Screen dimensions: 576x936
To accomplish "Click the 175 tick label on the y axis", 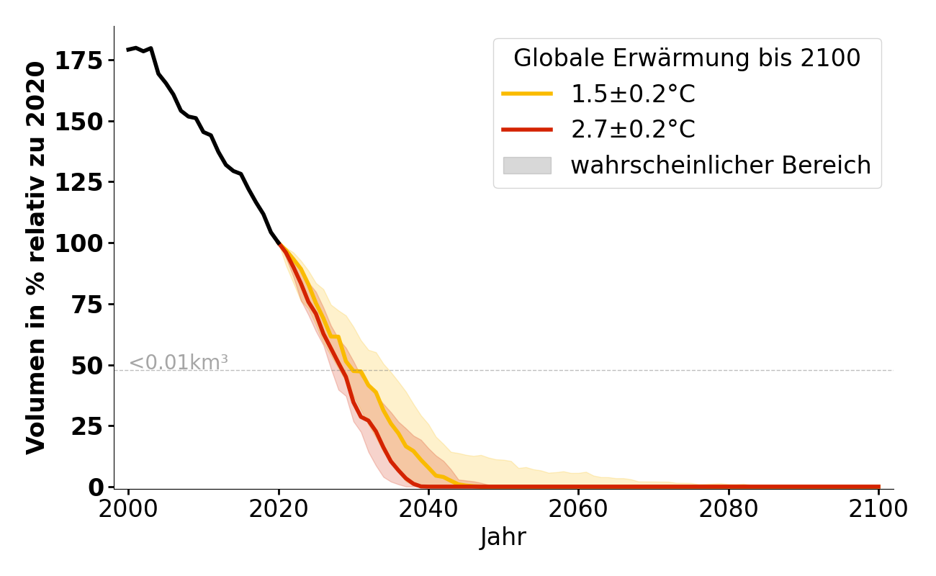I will tap(78, 60).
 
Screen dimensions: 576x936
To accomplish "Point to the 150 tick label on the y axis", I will tap(78, 121).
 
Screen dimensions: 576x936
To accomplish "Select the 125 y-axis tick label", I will tap(78, 182).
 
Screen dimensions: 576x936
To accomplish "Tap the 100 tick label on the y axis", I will tap(78, 243).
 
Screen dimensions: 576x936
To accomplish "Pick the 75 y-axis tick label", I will tap(86, 304).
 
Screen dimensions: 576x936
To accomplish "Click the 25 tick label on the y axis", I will tap(86, 426).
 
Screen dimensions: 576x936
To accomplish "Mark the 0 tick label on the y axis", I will tap(96, 487).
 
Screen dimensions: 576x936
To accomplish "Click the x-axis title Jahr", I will tap(503, 537).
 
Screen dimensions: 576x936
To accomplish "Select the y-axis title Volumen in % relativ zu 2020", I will tap(36, 257).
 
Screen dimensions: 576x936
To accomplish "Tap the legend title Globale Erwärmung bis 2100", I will tap(687, 58).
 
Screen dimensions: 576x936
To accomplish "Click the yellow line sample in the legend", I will tap(527, 94).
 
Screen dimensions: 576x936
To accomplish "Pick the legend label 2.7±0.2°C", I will tap(633, 130).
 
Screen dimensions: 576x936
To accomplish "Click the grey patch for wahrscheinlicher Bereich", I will tap(527, 166).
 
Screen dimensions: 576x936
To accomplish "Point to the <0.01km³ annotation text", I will tap(179, 363).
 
